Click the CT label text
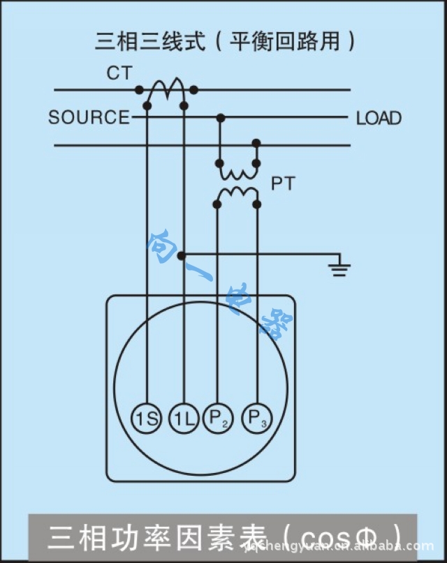coord(119,73)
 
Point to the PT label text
coord(282,184)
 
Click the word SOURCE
coord(89,118)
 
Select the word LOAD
coord(379,118)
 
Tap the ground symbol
coord(339,269)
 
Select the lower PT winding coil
coord(237,192)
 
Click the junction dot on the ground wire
coord(182,256)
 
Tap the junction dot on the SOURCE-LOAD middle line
coord(220,118)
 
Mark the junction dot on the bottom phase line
coord(256,144)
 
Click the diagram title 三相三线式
coord(151,41)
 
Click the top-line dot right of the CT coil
coord(194,90)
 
